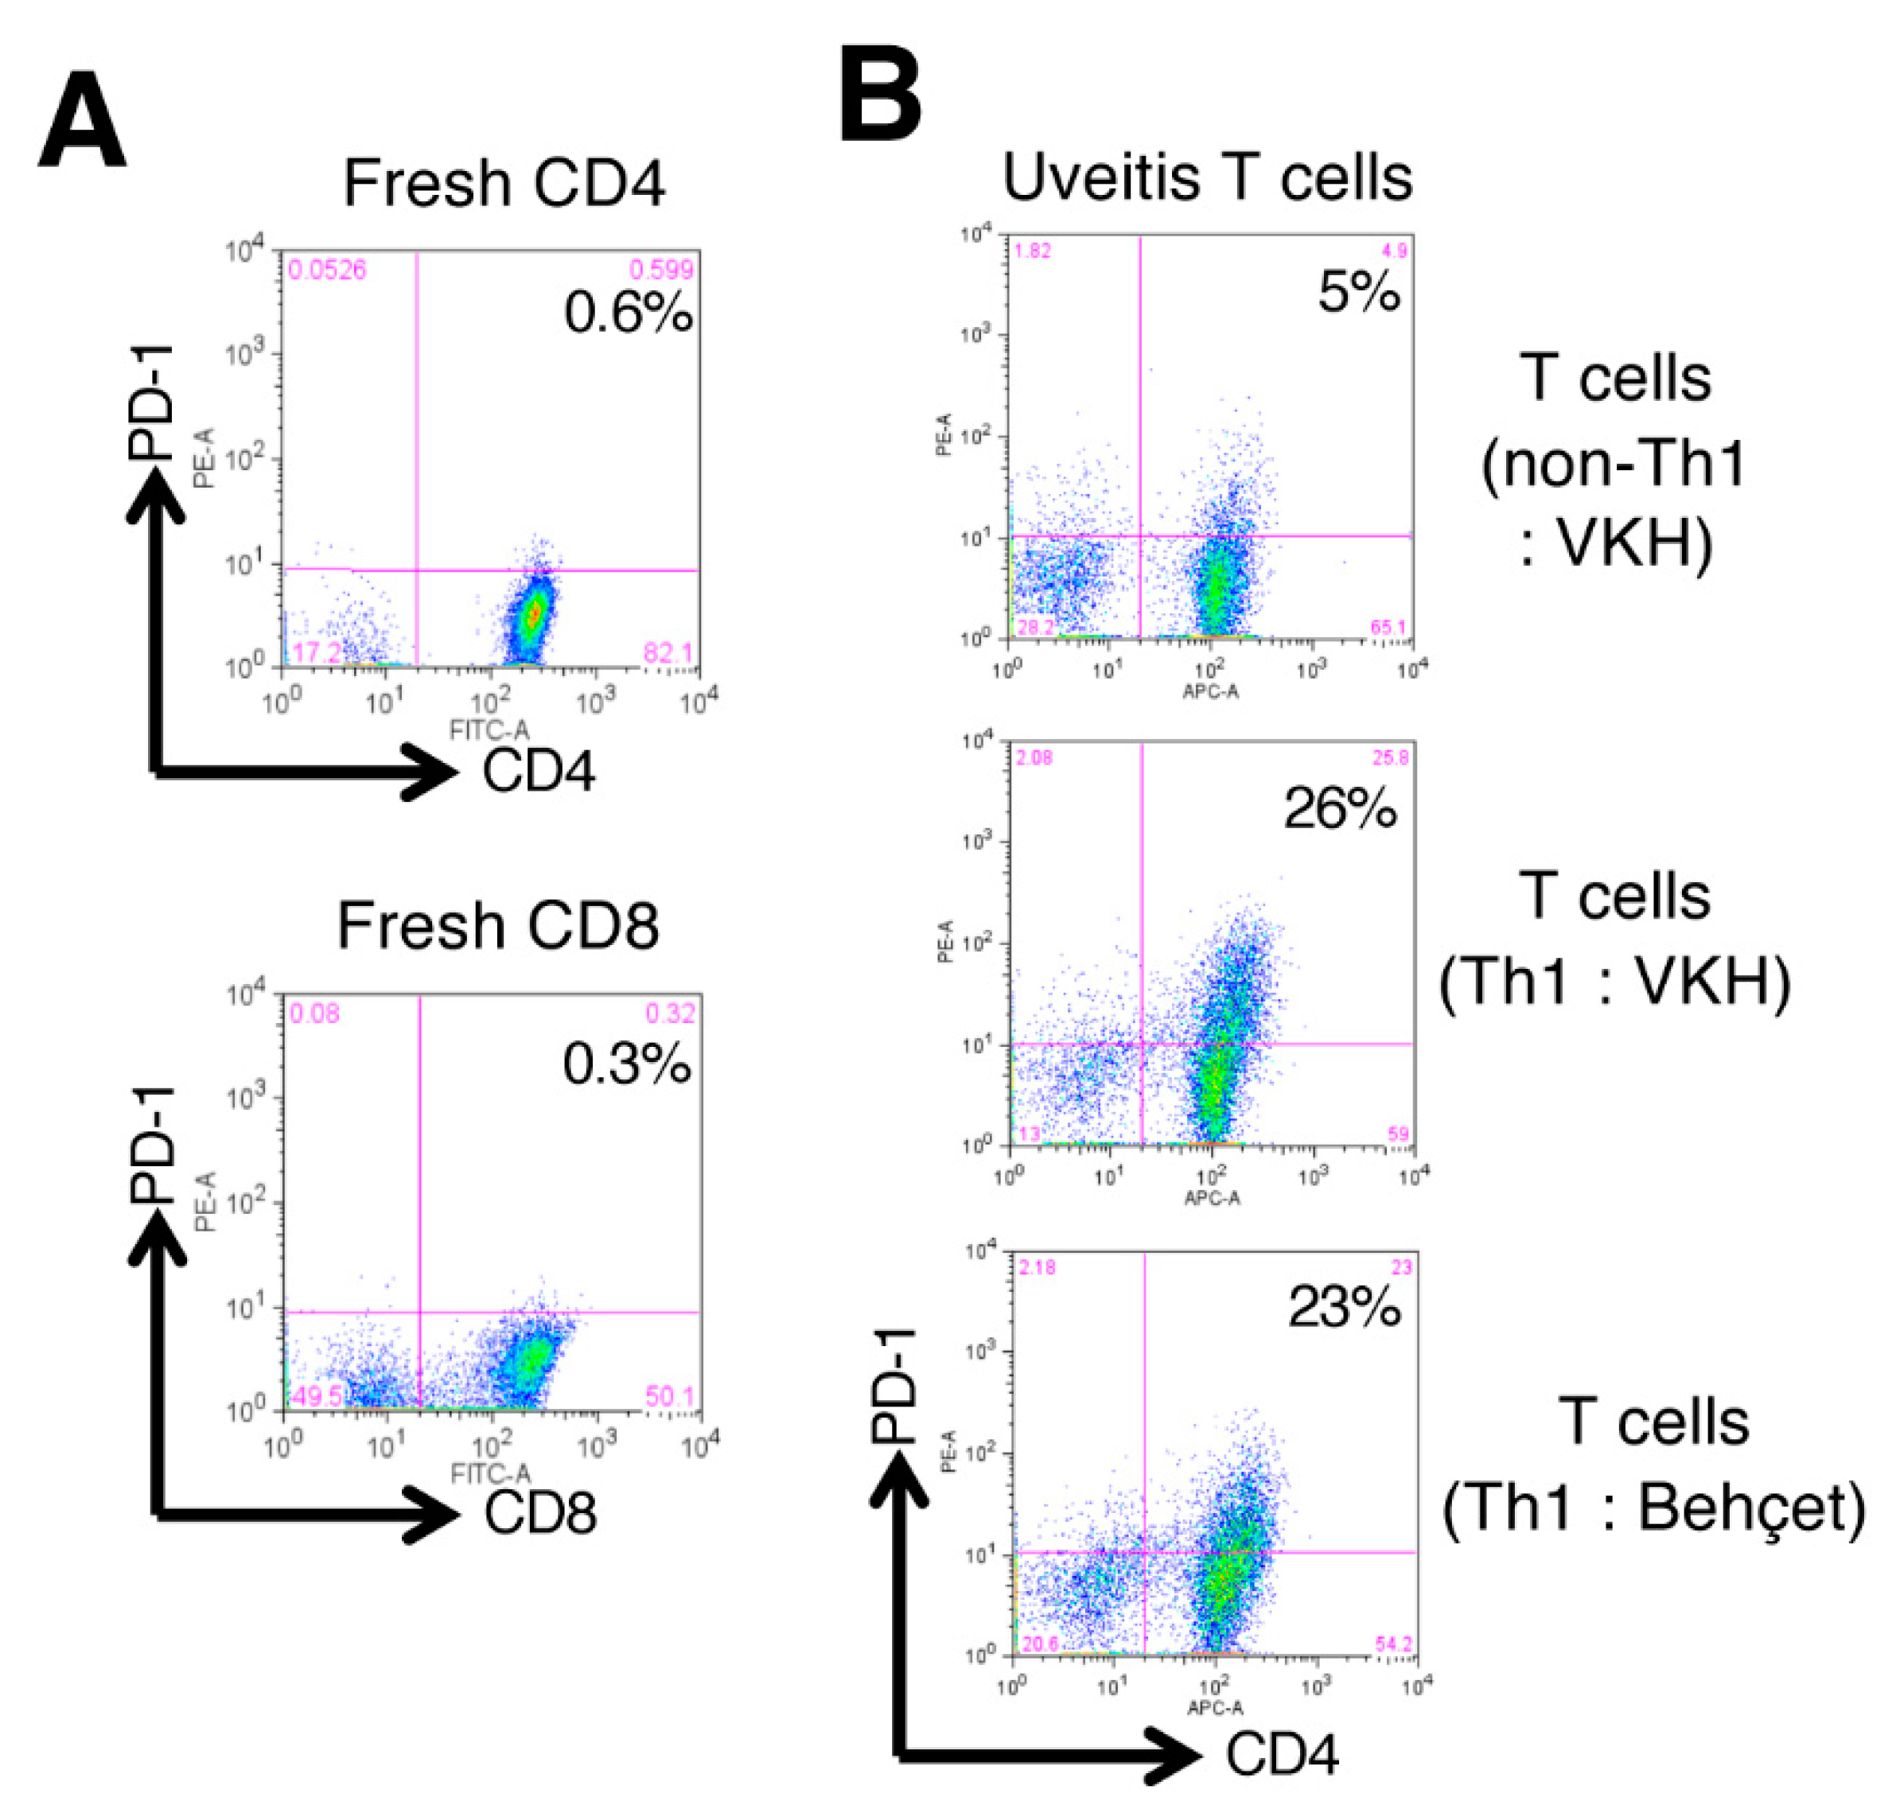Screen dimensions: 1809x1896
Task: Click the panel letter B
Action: [879, 95]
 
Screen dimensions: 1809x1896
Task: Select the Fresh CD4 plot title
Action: [504, 183]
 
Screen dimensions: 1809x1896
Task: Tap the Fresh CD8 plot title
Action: [497, 927]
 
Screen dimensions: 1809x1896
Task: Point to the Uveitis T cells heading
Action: [1208, 178]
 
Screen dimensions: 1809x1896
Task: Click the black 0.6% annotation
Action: [628, 313]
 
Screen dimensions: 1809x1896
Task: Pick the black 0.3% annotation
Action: [627, 1064]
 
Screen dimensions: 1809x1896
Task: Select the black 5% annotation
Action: [1359, 291]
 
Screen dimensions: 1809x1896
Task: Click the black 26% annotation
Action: [1340, 808]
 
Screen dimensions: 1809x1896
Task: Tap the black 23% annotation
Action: [1343, 1309]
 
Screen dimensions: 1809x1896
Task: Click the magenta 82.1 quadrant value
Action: [668, 653]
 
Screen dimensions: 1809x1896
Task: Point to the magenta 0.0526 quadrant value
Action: [328, 270]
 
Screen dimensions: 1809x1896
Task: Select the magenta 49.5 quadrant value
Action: [317, 1397]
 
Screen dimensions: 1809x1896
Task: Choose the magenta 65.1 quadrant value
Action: [1388, 628]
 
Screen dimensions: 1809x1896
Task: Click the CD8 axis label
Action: [540, 1512]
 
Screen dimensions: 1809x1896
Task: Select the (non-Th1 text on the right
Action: [1614, 464]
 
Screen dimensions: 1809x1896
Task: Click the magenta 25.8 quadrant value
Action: [1391, 759]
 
